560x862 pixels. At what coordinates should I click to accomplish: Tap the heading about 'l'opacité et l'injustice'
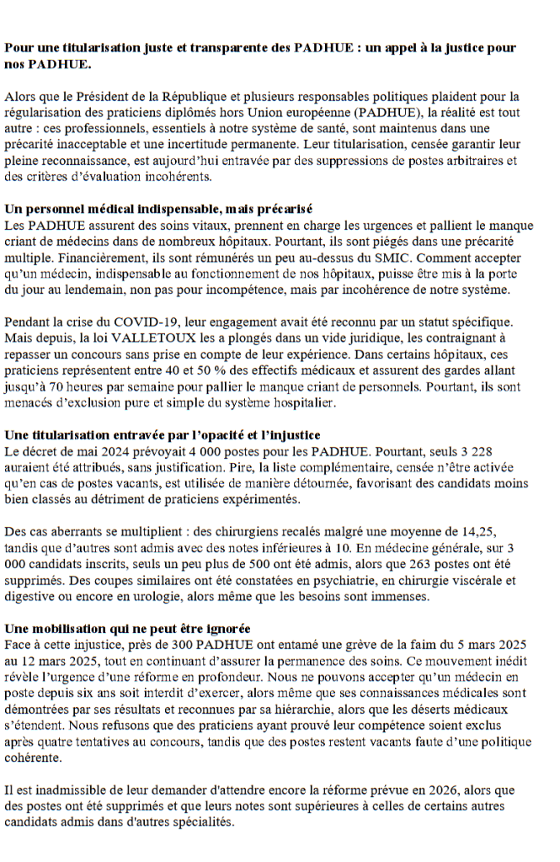click(x=162, y=435)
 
